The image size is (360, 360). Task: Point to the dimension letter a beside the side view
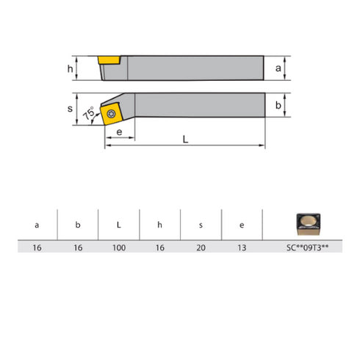(x=278, y=68)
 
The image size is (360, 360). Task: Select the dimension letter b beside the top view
(x=278, y=106)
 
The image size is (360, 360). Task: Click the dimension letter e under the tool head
(x=119, y=132)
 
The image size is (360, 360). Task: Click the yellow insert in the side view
(x=110, y=58)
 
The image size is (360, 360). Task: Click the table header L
(x=118, y=225)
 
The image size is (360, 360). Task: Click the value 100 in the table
(x=118, y=248)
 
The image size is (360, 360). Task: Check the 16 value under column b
(x=77, y=248)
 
